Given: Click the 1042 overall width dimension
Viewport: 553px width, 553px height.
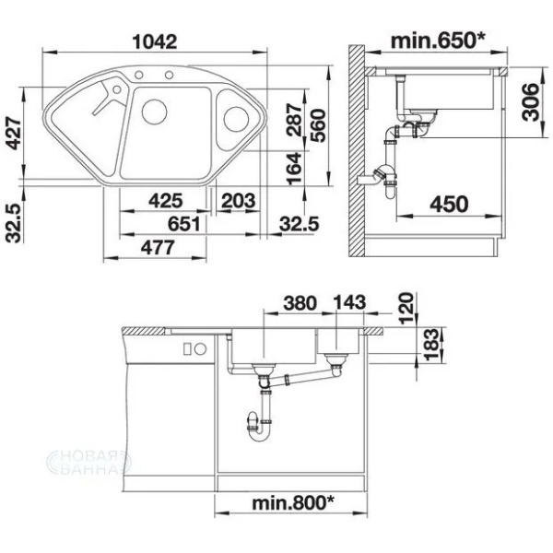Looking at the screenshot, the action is [154, 42].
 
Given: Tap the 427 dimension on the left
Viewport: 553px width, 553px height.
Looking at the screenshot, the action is [14, 134].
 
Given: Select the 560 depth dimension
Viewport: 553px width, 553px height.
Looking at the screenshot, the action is [319, 125].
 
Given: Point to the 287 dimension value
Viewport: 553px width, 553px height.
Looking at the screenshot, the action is [294, 120].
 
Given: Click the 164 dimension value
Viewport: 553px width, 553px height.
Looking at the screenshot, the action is [294, 169].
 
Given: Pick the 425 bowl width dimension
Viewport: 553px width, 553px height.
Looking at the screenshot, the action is [165, 201].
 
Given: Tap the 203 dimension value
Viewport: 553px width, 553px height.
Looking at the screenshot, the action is [238, 201].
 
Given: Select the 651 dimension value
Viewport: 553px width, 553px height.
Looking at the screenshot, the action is [183, 224].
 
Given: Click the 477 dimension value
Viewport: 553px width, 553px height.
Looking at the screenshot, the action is [158, 247].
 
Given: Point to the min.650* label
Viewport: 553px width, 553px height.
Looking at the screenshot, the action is [438, 41].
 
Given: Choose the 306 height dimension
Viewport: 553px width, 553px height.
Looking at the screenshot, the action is [531, 102].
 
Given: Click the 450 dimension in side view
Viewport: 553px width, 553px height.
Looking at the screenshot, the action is [449, 204].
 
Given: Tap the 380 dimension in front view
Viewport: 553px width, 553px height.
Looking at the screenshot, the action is [300, 303].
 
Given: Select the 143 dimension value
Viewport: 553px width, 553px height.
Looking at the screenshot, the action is [349, 302].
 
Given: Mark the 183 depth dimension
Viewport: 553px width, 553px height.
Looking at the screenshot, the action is [431, 344].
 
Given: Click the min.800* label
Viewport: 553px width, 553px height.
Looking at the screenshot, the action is [293, 502].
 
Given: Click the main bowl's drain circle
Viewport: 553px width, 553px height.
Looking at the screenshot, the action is [154, 112].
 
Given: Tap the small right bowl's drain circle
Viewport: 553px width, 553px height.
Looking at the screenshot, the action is [236, 119].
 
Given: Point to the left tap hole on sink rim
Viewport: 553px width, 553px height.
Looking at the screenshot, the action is [139, 75].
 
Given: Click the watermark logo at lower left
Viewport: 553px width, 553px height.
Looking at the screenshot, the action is [89, 462].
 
